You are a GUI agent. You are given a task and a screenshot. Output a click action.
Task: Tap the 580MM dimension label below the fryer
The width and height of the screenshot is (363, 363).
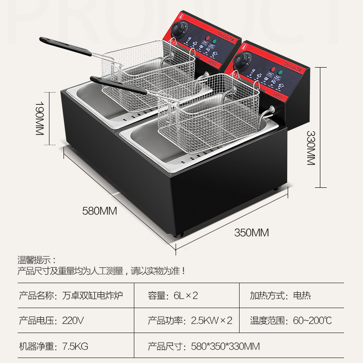pyautogui.click(x=100, y=211)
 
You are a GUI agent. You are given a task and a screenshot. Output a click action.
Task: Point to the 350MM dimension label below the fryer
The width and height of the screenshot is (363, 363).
pyautogui.click(x=252, y=233)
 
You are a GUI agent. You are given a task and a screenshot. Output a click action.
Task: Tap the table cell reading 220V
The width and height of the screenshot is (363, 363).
pyautogui.click(x=73, y=321)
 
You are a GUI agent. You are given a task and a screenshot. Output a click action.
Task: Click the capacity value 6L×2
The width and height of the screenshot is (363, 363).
pyautogui.click(x=186, y=295)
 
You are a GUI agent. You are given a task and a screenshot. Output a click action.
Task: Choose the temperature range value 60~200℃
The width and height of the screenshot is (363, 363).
pyautogui.click(x=312, y=321)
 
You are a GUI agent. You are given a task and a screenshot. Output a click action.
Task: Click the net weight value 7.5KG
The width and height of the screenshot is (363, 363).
pyautogui.click(x=75, y=347)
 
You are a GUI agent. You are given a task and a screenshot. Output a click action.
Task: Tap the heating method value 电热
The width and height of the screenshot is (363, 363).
pyautogui.click(x=302, y=295)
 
